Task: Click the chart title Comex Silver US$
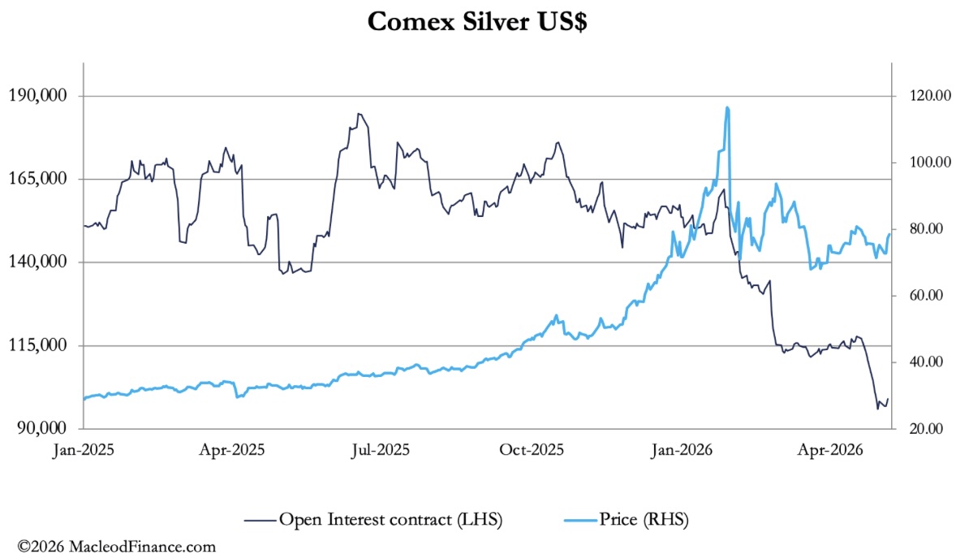point(477,22)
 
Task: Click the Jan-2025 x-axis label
point(84,450)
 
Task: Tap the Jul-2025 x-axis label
point(381,450)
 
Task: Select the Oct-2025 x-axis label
point(532,450)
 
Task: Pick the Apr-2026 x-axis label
point(831,450)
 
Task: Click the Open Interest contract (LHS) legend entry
point(373,520)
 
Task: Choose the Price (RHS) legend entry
point(627,520)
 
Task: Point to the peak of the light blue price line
point(727,108)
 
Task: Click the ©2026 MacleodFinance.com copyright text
point(116,546)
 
